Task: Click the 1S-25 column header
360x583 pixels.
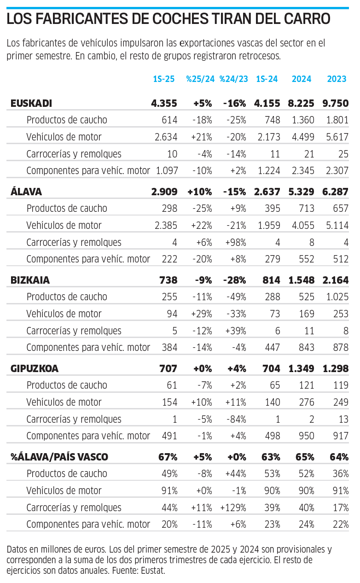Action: (164, 79)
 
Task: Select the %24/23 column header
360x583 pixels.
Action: (234, 79)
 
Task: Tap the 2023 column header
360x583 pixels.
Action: (337, 79)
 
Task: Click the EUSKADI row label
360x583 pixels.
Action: (31, 103)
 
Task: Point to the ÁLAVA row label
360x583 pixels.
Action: (27, 192)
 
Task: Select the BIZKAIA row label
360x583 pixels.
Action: (30, 280)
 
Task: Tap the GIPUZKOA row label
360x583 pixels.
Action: (35, 368)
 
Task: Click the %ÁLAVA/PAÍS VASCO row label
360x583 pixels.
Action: (59, 457)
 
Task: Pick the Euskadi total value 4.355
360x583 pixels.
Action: (164, 103)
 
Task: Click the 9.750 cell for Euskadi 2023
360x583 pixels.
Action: (336, 103)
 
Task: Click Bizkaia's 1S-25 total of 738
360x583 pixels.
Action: (168, 280)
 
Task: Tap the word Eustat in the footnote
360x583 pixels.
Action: (152, 571)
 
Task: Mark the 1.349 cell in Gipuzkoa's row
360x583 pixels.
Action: (302, 368)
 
